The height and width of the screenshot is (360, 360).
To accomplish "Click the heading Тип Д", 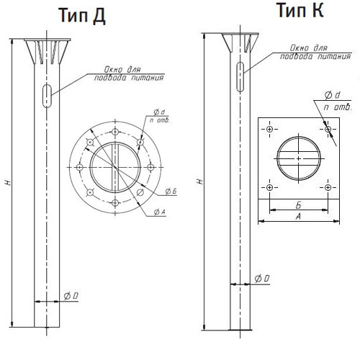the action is coord(82,15).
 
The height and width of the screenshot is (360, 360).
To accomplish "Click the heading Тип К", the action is coord(300,10).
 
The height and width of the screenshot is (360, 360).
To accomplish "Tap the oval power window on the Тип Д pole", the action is coord(47,96).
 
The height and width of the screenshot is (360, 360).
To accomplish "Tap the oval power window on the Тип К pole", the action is coord(240,77).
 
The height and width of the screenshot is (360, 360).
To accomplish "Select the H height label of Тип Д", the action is coord(9,183).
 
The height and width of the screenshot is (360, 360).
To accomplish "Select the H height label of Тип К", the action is coord(200,181).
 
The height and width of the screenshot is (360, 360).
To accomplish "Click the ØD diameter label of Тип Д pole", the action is coord(71,296).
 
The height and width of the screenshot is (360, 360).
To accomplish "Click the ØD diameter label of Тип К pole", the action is coord(262,279).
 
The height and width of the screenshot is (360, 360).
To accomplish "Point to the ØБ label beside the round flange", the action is coord(171,191).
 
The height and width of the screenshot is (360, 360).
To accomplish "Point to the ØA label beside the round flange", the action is coord(160,212).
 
